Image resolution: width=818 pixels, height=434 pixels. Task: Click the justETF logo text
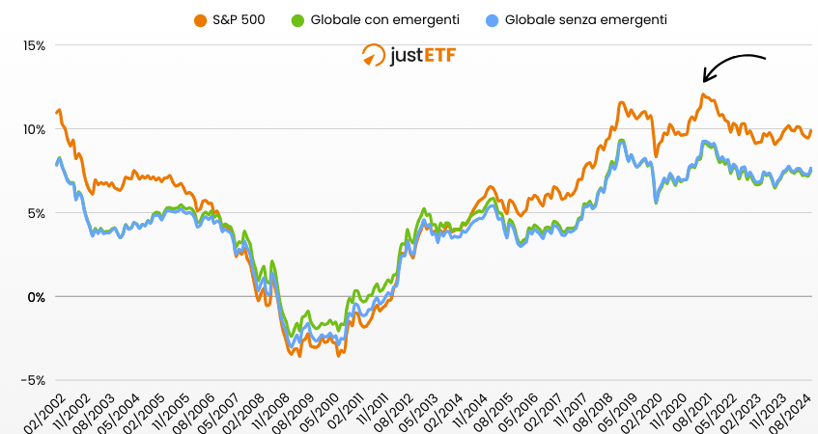[x=421, y=55]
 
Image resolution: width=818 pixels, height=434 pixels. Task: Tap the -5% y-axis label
[x=35, y=380]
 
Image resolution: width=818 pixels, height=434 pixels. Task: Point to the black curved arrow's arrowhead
[x=706, y=79]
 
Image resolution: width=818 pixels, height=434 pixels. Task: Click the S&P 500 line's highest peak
[x=704, y=95]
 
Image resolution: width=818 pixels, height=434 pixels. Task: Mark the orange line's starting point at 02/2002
[x=57, y=113]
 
